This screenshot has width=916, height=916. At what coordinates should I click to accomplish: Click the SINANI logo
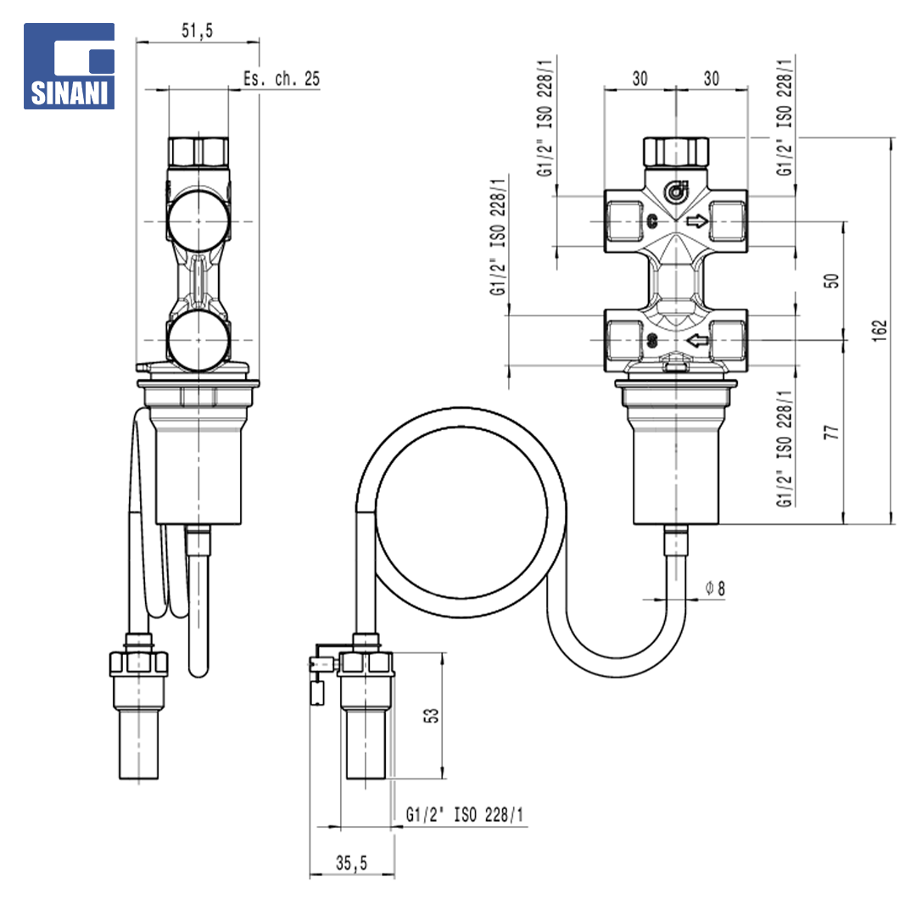coord(69,66)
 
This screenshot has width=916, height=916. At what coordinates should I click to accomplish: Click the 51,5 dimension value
coord(198,31)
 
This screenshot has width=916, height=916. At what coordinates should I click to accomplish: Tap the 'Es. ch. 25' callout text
coord(282,78)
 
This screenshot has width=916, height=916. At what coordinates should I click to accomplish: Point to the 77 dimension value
coord(831,433)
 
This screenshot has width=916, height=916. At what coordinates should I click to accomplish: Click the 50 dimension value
coord(831,281)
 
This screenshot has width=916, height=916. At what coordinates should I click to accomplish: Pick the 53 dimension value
coord(431,716)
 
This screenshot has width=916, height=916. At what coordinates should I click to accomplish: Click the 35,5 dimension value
coord(352,863)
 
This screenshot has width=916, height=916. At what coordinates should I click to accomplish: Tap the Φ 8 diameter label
coord(715,588)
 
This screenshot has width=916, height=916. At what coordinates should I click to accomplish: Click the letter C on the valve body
coord(652,221)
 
